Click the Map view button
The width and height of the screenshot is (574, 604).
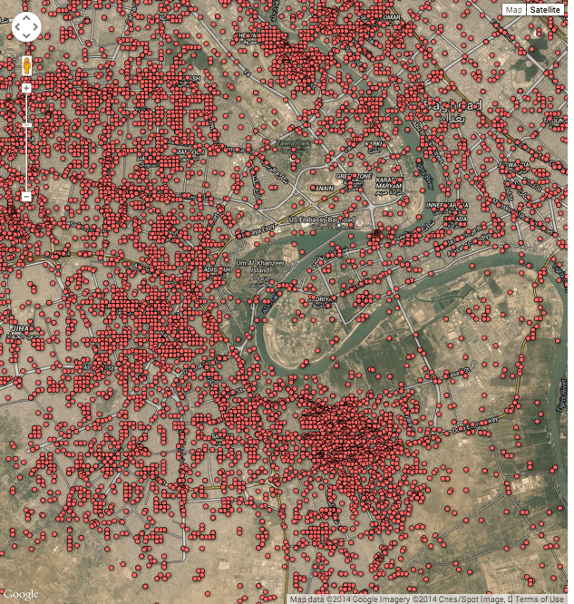pyautogui.click(x=514, y=9)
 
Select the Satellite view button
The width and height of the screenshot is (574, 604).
pyautogui.click(x=545, y=9)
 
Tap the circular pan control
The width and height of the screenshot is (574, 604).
pyautogui.click(x=26, y=27)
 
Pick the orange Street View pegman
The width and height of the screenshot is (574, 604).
pyautogui.click(x=26, y=66)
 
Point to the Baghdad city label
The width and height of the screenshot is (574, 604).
pyautogui.click(x=464, y=108)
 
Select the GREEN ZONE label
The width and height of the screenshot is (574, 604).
pyautogui.click(x=355, y=176)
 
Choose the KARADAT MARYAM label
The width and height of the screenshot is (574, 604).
pyautogui.click(x=391, y=185)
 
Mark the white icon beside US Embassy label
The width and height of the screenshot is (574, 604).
pyautogui.click(x=360, y=221)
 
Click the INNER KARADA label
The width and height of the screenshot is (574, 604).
pyautogui.click(x=445, y=206)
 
